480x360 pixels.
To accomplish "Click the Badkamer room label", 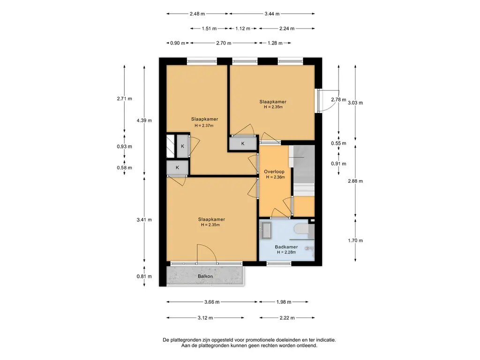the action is [286, 247].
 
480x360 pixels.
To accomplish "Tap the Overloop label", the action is [274, 172].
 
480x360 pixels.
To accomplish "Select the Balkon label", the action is [205, 276].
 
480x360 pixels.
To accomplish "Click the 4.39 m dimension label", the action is [144, 120].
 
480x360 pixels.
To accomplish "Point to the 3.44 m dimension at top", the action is [272, 14].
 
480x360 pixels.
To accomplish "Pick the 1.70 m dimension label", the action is [355, 240].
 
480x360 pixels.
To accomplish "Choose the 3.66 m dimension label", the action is [212, 302].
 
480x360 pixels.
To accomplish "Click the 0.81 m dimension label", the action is [144, 276].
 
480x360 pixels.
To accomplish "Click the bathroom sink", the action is [266, 230].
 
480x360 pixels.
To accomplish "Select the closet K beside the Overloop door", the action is [243, 143].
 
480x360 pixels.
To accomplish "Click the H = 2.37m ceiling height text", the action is [204, 126].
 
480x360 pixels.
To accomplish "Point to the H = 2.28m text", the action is [286, 252].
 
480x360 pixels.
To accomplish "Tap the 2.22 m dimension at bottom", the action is [287, 318].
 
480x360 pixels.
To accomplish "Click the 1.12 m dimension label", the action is [243, 29].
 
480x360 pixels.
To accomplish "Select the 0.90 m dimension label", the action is [178, 43].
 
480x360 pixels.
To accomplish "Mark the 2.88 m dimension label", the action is [355, 181].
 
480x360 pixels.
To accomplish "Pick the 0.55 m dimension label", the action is [338, 143].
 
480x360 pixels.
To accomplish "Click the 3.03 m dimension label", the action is [355, 103].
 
